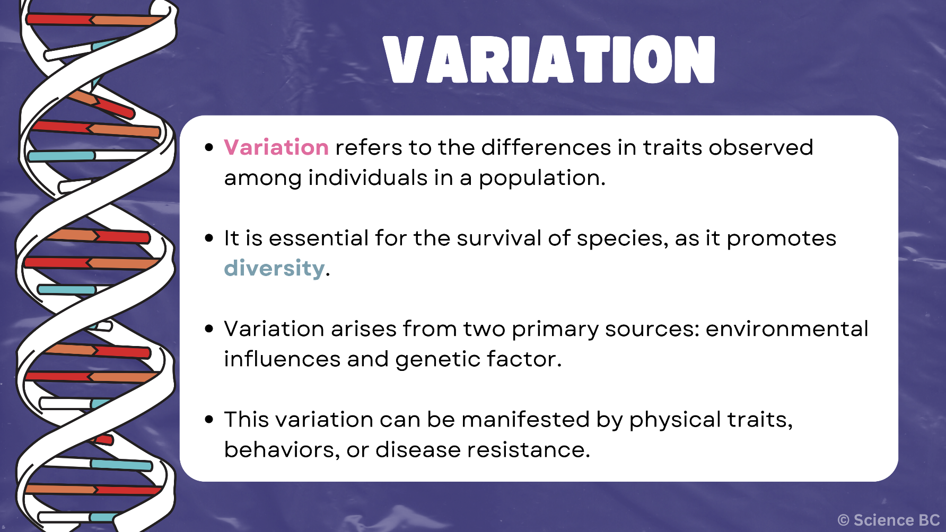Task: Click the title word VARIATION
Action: (549, 59)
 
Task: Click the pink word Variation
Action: (276, 147)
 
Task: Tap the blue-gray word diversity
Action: (274, 268)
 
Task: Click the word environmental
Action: (786, 329)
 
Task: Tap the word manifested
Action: (525, 420)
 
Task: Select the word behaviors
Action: (281, 450)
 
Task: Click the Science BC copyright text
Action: (889, 520)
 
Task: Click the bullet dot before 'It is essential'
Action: (209, 238)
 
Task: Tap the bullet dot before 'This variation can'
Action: (209, 420)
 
